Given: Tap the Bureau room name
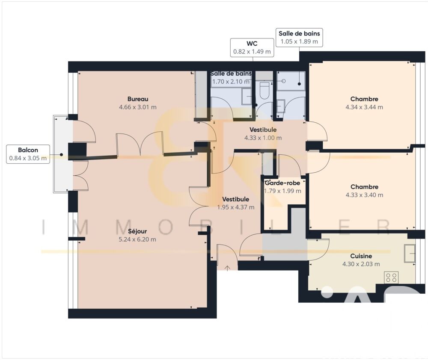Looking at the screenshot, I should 138,99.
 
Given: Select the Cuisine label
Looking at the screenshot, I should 361,256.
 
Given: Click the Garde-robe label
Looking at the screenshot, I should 282,183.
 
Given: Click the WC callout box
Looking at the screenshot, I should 252,47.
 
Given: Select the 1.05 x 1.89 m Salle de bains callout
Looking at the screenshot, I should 299,37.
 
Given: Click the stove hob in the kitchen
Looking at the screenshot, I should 391,277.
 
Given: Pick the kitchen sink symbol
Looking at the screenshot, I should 409,253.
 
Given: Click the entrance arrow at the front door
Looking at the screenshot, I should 227,268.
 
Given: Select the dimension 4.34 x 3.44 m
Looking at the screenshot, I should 364,107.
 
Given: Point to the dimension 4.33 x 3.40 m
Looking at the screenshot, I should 364,195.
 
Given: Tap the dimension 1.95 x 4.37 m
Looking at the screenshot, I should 235,207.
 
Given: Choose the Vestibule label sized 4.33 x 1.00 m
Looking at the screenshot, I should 263,130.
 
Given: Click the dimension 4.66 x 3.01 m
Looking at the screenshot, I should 138,107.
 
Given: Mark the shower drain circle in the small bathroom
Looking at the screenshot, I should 284,80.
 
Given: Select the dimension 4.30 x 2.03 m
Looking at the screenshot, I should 361,264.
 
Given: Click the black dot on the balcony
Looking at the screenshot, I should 62,155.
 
